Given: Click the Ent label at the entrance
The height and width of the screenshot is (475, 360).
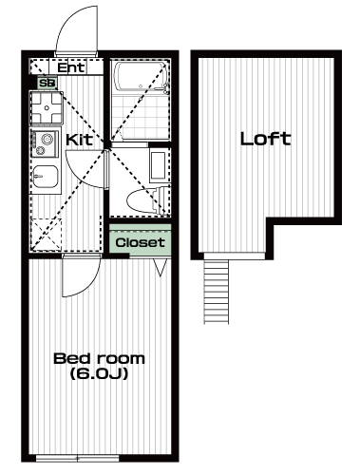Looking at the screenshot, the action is [71, 67].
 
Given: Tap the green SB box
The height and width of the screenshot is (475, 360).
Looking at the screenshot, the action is [47, 83].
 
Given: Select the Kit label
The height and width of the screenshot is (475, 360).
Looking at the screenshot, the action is [80, 140].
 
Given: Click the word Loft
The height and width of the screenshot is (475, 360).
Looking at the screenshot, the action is [266, 139].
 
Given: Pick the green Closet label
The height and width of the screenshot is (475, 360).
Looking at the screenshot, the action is [141, 242].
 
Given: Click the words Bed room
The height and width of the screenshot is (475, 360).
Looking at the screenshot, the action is [100, 359].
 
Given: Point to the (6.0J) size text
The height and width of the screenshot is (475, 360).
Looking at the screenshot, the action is [99, 373].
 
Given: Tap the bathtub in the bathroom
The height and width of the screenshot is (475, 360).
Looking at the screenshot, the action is [141, 78].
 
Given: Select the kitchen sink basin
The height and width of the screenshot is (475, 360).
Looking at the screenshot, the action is [46, 177].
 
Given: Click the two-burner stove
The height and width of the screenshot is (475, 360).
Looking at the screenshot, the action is [46, 143].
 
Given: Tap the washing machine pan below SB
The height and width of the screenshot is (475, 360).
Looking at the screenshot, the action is [47, 108].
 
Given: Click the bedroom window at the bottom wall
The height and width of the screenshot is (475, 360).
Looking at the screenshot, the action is [78, 458].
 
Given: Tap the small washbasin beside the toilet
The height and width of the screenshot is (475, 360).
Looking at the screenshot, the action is [158, 166].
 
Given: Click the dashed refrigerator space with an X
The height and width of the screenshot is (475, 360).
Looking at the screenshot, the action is [47, 235].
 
